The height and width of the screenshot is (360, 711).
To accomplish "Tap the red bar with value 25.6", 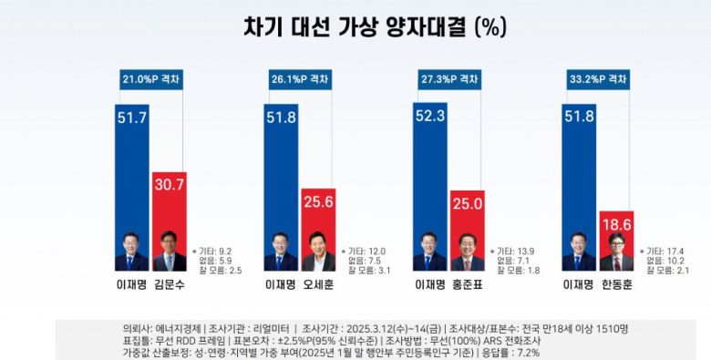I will [x=318, y=219].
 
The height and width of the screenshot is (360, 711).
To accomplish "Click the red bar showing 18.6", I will [x=616, y=232].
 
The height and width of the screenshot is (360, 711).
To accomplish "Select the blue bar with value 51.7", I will [x=131, y=173].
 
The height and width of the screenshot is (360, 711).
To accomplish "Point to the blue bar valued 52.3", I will [x=429, y=173].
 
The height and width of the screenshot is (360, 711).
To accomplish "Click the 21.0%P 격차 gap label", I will [x=150, y=79].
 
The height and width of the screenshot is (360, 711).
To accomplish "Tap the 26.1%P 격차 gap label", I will [x=299, y=79].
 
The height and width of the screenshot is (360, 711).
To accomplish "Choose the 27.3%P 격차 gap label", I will [x=448, y=79].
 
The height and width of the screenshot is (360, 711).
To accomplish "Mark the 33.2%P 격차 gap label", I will [x=597, y=79].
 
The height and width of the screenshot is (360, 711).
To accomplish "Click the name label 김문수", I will [x=169, y=283].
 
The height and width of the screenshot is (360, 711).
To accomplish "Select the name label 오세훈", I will [x=318, y=283].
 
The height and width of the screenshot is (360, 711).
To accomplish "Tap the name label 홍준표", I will [x=468, y=283].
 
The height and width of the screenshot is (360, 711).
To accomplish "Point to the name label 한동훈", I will [x=616, y=283].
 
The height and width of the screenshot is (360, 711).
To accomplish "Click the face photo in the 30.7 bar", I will [x=169, y=252].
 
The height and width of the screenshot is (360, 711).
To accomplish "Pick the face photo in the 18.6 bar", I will [x=616, y=252].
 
